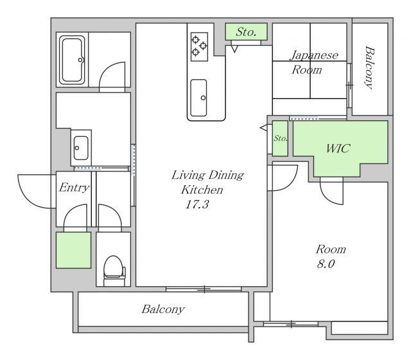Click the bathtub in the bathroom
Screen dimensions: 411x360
coord(73,60)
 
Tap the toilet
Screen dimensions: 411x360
coord(114,270)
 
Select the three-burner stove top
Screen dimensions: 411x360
coord(199,47)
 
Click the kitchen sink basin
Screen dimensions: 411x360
coord(198,98)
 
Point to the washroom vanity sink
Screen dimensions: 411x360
coord(81,148)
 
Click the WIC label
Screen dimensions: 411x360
coord(338,148)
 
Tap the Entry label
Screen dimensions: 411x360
coord(74,188)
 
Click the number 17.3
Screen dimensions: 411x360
coord(197,204)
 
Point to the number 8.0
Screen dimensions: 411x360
coord(326,264)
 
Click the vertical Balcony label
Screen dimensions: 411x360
coord(370,67)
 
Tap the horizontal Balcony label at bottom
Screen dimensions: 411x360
coord(163,309)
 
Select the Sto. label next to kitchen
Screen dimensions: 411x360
coord(246,32)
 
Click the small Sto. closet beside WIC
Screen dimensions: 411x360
coord(280,138)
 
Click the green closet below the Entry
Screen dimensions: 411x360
coord(74,250)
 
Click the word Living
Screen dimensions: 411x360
coord(188,175)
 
